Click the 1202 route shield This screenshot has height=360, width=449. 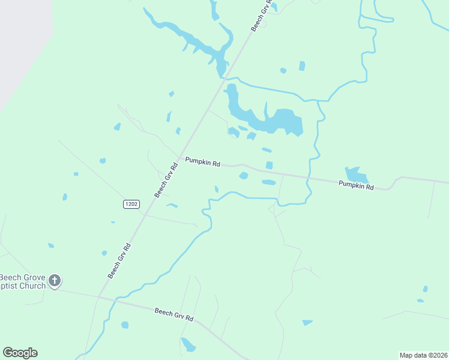coord(131,205)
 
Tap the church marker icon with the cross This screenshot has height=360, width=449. coord(55,280)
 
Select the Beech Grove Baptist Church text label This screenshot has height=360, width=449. coord(23,281)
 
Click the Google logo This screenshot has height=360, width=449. coord(20,353)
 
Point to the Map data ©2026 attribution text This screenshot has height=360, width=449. coord(423,355)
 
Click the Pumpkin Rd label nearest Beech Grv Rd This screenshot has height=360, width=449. coord(202,162)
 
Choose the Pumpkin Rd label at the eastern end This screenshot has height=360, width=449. coord(356,186)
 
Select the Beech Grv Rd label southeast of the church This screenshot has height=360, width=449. coord(174,314)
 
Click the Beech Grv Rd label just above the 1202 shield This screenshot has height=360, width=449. coord(166,179)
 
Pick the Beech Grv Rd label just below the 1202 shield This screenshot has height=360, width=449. coord(119,260)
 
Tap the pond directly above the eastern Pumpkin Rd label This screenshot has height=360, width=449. coord(357,175)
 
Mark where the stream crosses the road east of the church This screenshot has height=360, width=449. coord(113,298)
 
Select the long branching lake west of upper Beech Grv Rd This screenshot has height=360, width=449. coord(192,42)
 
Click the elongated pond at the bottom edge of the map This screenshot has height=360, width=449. coord(188,344)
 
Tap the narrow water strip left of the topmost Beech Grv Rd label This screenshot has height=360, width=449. coord(214,10)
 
